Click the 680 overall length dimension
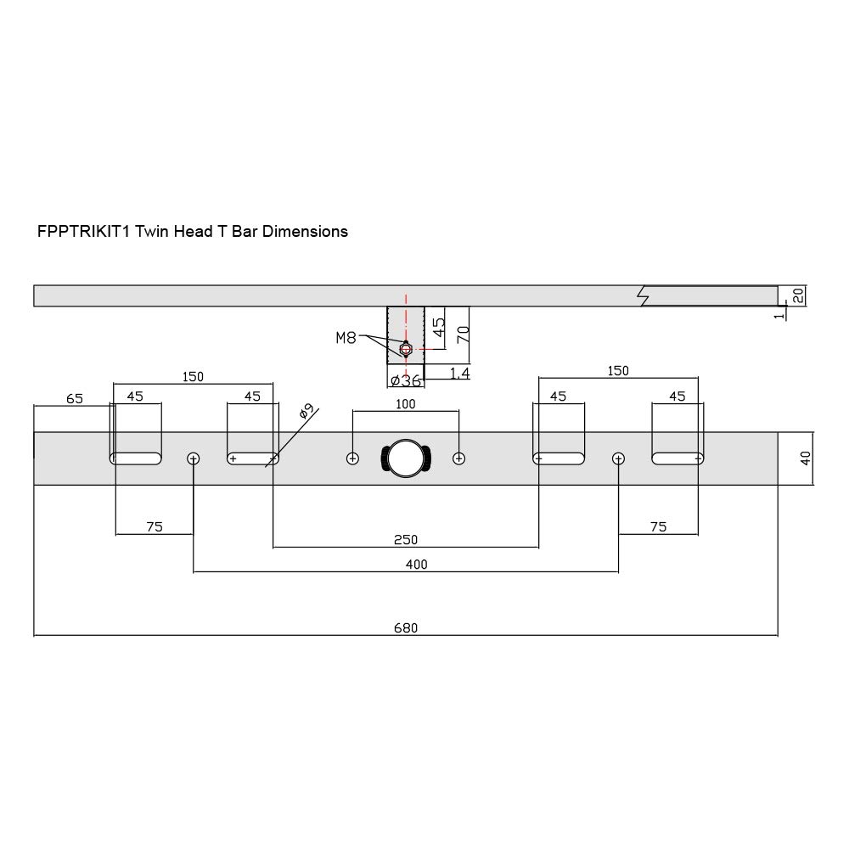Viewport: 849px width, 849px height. [x=406, y=627]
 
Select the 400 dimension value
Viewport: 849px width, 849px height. [x=416, y=565]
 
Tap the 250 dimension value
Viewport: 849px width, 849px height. [x=406, y=539]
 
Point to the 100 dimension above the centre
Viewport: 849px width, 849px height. [x=406, y=404]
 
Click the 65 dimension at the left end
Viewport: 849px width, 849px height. [x=75, y=398]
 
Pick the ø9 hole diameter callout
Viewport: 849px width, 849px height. [x=307, y=412]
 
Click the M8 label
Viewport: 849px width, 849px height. [x=346, y=338]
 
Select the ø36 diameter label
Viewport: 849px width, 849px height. [x=406, y=380]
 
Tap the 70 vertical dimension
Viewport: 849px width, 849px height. [x=463, y=334]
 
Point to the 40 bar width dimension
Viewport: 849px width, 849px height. [x=806, y=458]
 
